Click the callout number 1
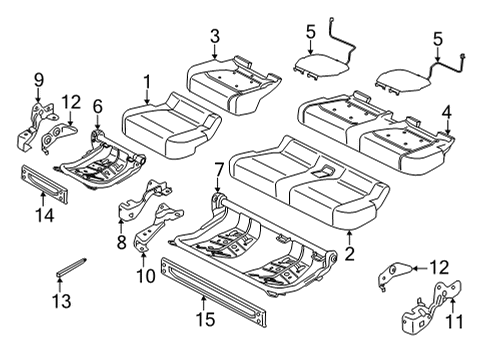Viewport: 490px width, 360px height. [x=147, y=81]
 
